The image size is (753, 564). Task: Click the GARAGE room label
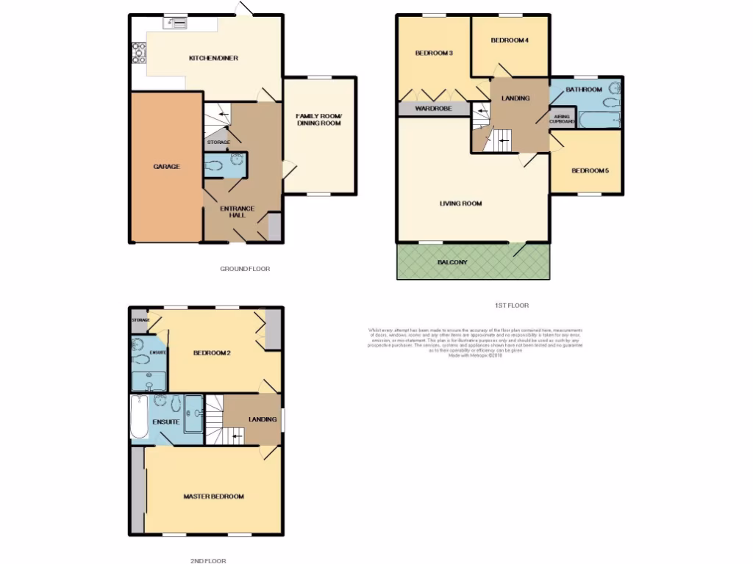(x=166, y=167)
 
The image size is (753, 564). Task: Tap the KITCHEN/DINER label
(x=213, y=59)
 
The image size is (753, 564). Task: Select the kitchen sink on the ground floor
(x=176, y=23)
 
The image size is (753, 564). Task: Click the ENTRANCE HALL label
(x=238, y=212)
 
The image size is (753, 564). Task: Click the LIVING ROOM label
(x=461, y=203)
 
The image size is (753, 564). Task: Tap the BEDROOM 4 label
(x=510, y=40)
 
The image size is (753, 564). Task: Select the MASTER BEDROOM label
(x=213, y=497)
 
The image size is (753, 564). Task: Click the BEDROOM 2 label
(x=212, y=353)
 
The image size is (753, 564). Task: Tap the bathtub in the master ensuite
(x=138, y=417)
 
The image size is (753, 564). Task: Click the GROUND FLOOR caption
(x=245, y=270)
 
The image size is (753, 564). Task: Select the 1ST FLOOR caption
(x=511, y=305)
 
